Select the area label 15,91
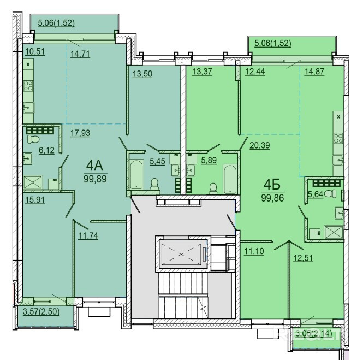point(35,199)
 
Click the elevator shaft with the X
point(182,253)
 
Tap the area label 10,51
point(35,52)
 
